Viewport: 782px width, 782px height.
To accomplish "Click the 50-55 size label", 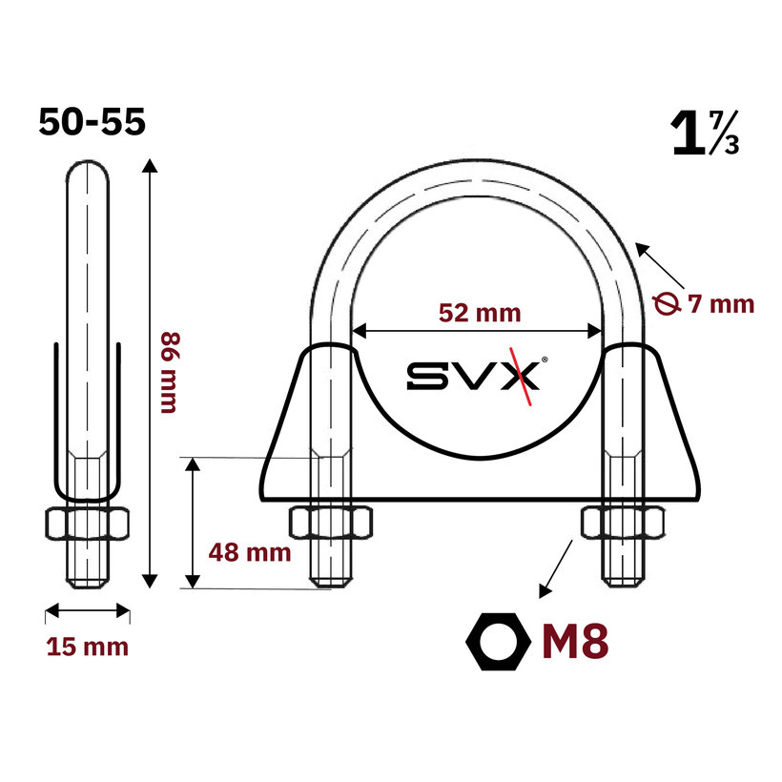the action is tap(93, 122).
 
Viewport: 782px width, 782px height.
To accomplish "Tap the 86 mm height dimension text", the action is tap(170, 373).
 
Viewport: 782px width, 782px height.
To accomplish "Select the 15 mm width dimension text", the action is tap(88, 647).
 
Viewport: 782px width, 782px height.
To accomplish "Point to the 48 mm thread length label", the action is tap(250, 552).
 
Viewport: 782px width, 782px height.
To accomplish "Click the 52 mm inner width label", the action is tap(480, 313).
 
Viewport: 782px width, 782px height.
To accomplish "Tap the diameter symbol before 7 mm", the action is tap(667, 303).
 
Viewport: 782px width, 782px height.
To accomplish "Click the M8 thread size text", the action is tap(575, 642).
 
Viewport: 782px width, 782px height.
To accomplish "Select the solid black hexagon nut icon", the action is tap(498, 642).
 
